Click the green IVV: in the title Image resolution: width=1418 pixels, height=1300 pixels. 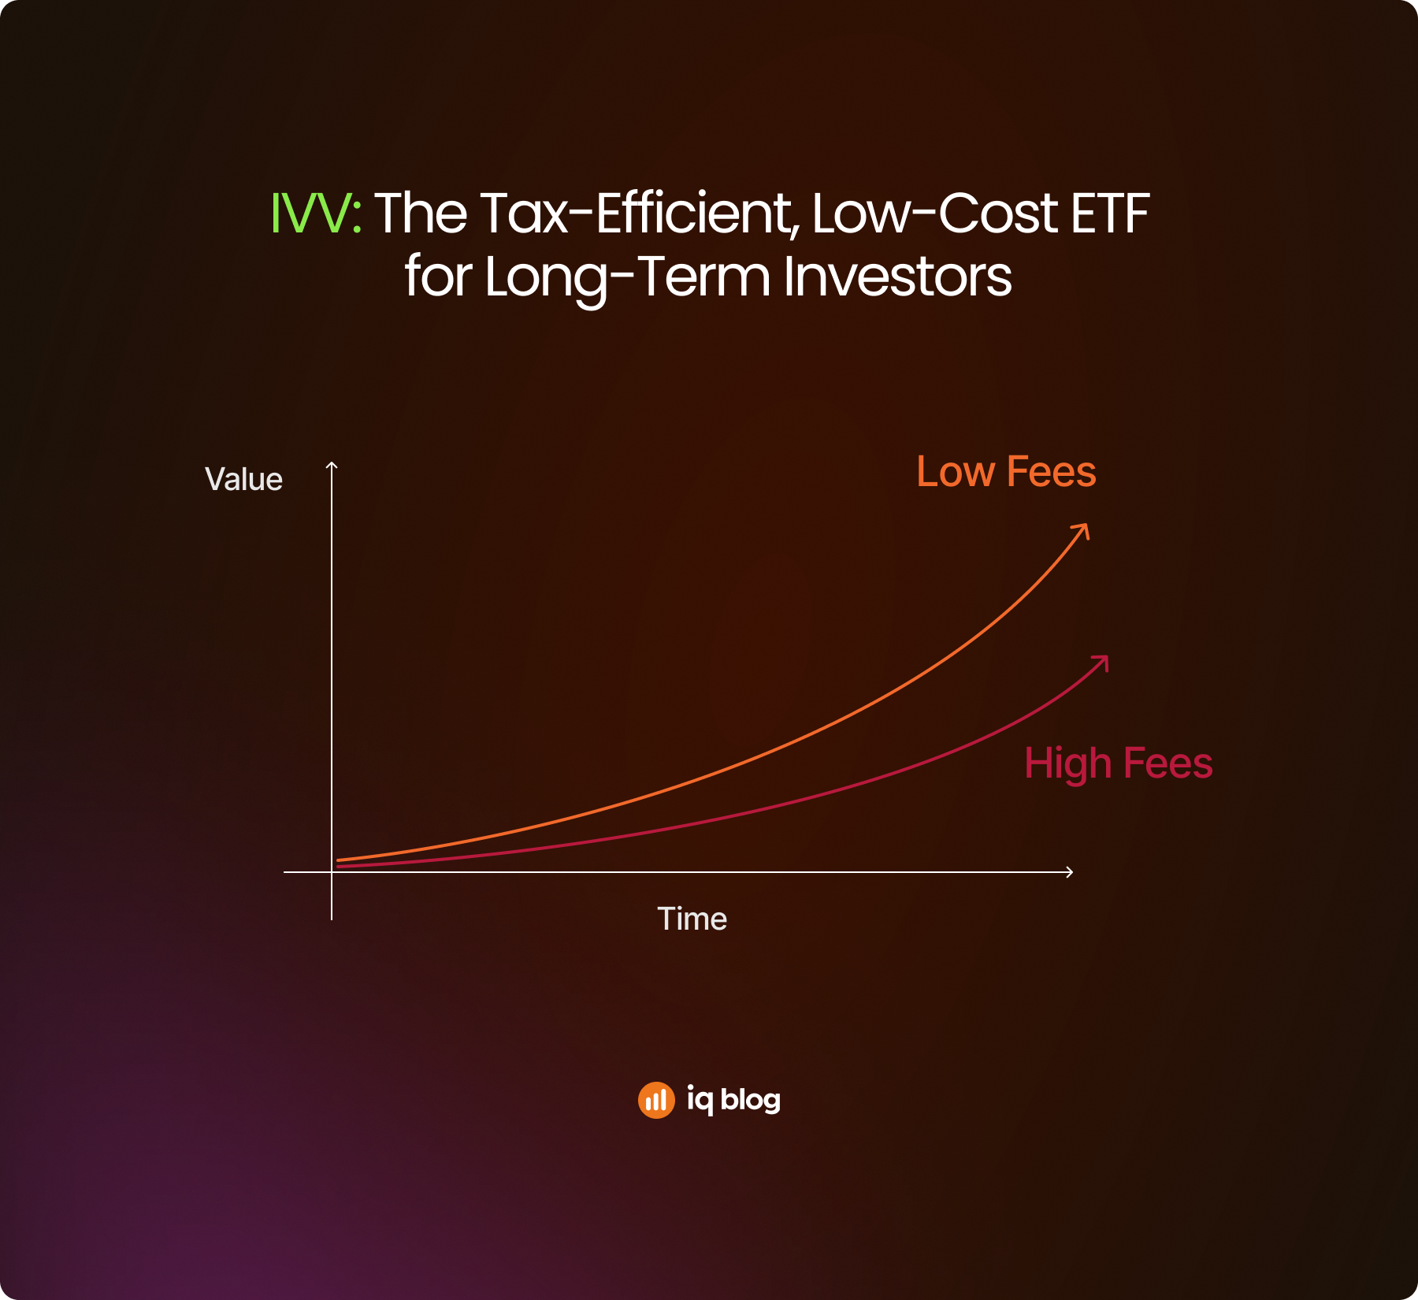[x=316, y=214]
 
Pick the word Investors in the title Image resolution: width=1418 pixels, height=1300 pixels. [x=898, y=277]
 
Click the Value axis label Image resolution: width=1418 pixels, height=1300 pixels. [x=243, y=479]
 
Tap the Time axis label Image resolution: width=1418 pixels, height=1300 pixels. [x=692, y=919]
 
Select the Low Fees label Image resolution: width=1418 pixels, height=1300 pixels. [x=1006, y=472]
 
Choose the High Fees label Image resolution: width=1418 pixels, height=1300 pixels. [x=1119, y=763]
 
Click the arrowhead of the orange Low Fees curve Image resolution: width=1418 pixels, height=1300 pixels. [x=1082, y=532]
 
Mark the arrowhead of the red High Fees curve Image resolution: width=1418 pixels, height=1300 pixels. [x=1101, y=663]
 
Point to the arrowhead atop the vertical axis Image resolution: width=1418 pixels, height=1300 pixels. [x=332, y=466]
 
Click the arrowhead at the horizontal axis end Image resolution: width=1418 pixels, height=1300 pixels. [x=1069, y=871]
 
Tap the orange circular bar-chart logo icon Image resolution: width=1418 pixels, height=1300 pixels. [x=656, y=1100]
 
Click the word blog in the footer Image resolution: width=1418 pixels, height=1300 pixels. [x=751, y=1100]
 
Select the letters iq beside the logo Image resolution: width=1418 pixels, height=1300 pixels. [x=700, y=1100]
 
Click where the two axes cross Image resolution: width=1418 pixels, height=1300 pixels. [x=332, y=872]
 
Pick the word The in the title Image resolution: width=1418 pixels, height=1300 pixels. [x=421, y=214]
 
